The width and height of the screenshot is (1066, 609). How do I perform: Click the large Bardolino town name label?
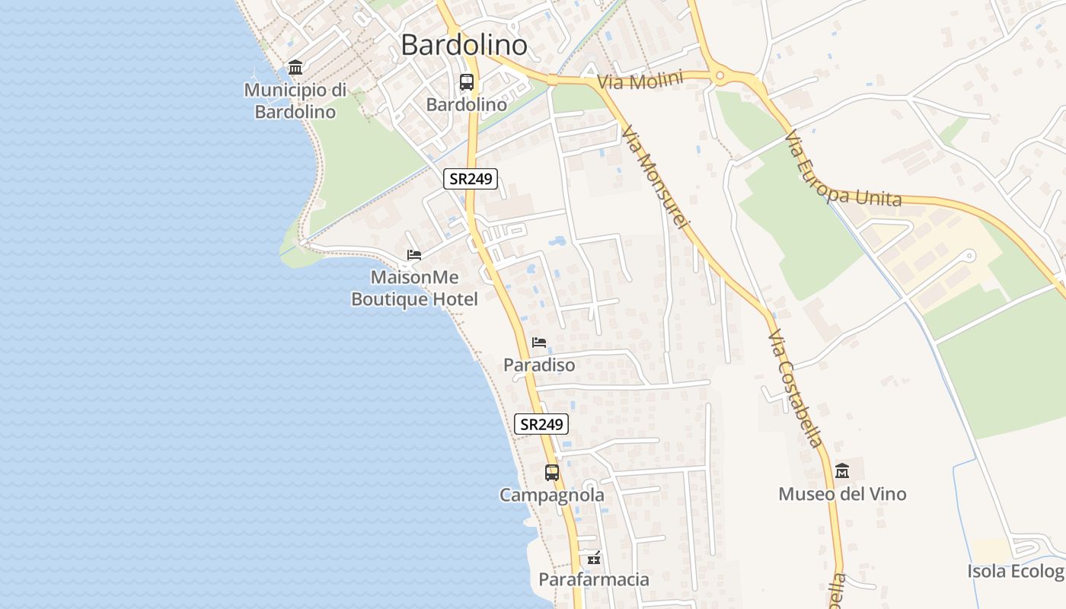pyautogui.click(x=464, y=45)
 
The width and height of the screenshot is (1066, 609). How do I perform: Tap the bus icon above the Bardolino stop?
pyautogui.click(x=466, y=82)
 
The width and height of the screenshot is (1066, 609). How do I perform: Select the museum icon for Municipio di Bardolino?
pyautogui.click(x=295, y=68)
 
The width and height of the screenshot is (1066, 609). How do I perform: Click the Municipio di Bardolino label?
pyautogui.click(x=295, y=100)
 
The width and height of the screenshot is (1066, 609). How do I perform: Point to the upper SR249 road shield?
pyautogui.click(x=471, y=179)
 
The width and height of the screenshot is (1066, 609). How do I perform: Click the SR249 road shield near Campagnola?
pyautogui.click(x=541, y=424)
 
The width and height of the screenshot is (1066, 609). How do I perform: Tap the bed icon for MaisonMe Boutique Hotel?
pyautogui.click(x=414, y=254)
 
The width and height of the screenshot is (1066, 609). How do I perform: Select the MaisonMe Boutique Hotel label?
pyautogui.click(x=414, y=289)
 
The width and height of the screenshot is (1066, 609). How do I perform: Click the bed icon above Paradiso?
pyautogui.click(x=539, y=343)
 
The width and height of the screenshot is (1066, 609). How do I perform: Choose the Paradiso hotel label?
pyautogui.click(x=539, y=365)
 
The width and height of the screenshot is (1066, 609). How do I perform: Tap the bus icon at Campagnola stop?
pyautogui.click(x=552, y=473)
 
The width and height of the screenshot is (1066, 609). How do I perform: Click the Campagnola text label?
pyautogui.click(x=552, y=496)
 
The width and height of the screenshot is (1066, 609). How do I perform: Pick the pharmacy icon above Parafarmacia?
pyautogui.click(x=594, y=558)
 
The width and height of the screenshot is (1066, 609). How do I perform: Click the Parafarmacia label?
pyautogui.click(x=594, y=580)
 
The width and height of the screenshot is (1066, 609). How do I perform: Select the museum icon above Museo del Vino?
pyautogui.click(x=842, y=471)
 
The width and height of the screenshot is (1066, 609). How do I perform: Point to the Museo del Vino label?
pyautogui.click(x=842, y=494)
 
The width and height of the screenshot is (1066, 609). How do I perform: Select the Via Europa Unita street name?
pyautogui.click(x=842, y=171)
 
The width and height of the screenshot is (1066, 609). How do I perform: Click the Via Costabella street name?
pyautogui.click(x=795, y=388)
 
